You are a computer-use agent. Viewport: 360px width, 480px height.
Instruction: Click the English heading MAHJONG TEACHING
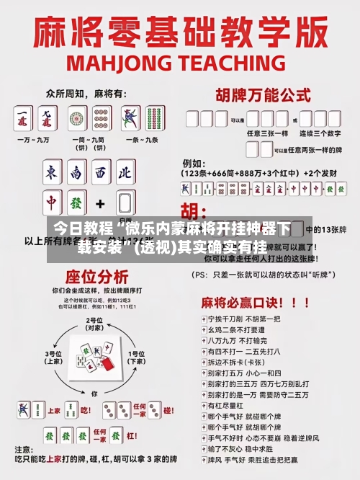[180, 62]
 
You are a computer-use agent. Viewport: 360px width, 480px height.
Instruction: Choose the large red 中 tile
[52, 203]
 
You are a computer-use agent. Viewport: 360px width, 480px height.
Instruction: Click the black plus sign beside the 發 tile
[101, 204]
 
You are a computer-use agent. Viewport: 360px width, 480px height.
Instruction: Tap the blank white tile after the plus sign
[125, 203]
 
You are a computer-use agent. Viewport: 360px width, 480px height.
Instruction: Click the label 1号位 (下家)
[135, 357]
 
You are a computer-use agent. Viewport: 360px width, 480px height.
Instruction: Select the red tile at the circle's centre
[106, 365]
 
